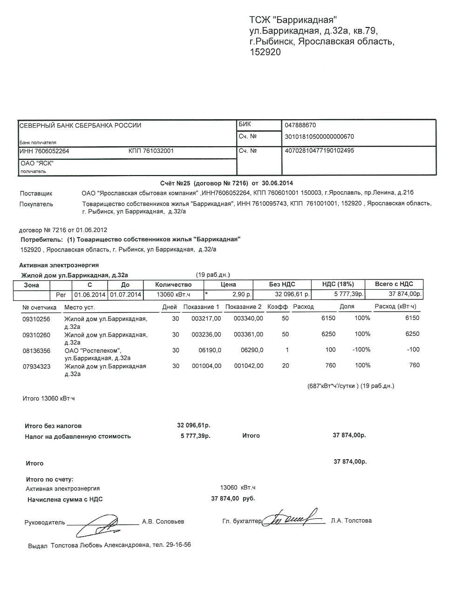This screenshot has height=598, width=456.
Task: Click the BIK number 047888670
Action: [x=300, y=125]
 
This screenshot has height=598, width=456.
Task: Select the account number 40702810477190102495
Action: [x=319, y=151]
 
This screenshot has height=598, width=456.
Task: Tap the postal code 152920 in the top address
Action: [x=265, y=53]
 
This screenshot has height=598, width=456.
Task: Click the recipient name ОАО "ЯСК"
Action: [x=37, y=163]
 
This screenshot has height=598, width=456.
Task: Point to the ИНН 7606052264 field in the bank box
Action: [x=44, y=151]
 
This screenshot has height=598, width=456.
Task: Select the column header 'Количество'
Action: [x=173, y=285]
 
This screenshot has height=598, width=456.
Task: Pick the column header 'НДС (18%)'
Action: [x=338, y=284]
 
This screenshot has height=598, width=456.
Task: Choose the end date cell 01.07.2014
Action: [x=126, y=295]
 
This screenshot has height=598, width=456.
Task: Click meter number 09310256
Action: [x=36, y=319]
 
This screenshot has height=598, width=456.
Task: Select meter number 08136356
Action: [x=36, y=350]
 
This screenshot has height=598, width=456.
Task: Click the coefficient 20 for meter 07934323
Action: [x=286, y=366]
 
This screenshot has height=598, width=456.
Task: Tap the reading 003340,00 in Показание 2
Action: [x=248, y=319]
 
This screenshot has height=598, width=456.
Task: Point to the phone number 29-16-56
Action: [x=178, y=545]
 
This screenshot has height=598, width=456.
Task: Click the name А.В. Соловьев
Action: [x=163, y=522]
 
